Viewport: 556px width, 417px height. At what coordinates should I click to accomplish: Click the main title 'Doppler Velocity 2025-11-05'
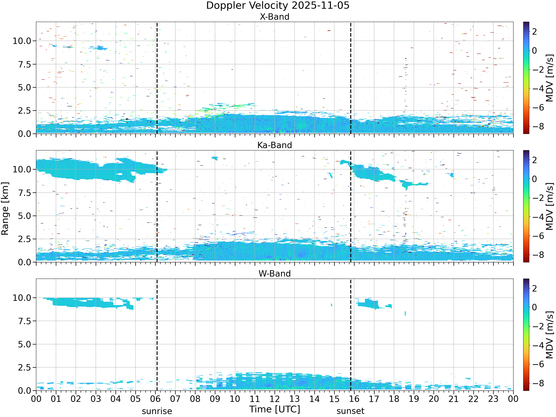[x=278, y=6]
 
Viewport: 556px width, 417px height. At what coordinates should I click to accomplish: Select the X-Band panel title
[x=274, y=17]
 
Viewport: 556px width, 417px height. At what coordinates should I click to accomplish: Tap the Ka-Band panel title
[x=274, y=145]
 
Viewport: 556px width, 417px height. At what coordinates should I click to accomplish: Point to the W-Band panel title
[x=274, y=274]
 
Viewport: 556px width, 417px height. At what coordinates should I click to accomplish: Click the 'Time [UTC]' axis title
[x=274, y=409]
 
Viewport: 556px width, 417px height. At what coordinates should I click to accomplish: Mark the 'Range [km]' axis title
[x=5, y=209]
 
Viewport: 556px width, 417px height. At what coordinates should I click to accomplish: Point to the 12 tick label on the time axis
[x=274, y=399]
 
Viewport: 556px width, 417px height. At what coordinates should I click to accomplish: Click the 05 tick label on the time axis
[x=135, y=399]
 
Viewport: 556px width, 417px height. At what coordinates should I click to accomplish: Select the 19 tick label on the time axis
[x=414, y=399]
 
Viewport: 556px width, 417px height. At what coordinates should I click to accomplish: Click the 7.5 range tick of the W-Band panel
[x=25, y=321]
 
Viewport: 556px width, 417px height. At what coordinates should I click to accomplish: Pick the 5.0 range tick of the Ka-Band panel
[x=25, y=216]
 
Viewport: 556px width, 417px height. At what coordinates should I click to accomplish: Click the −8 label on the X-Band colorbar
[x=539, y=126]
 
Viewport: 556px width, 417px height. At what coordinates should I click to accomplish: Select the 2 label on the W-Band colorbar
[x=534, y=288]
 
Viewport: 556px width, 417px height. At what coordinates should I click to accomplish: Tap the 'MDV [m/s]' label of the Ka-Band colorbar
[x=550, y=206]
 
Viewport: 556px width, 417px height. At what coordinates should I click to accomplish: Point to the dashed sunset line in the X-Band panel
[x=350, y=78]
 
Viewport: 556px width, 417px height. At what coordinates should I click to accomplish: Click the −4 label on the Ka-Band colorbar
[x=539, y=217]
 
